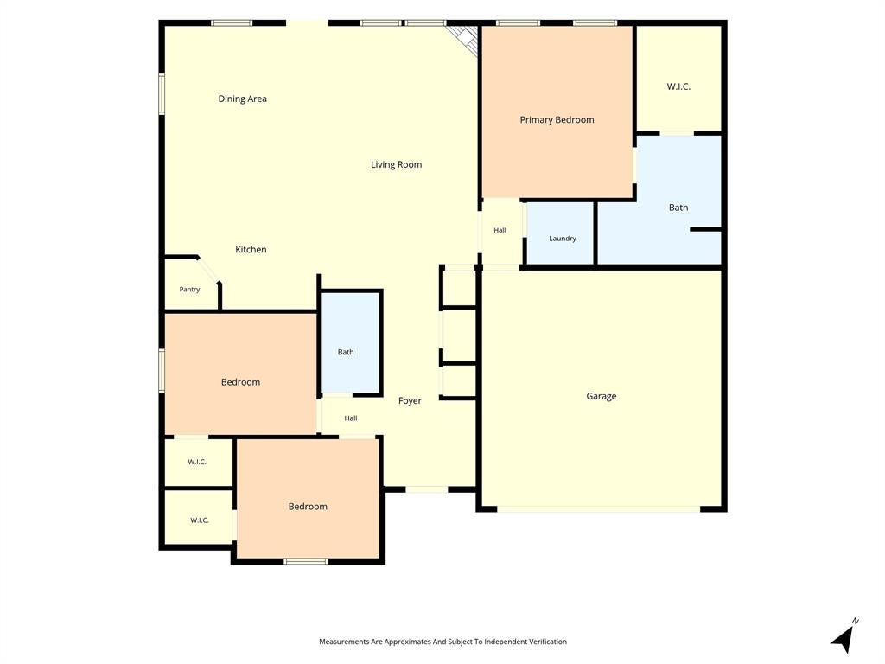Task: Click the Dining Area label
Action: (243, 99)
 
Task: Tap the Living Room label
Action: (396, 165)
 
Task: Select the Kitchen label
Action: (251, 250)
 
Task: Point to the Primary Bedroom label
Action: (557, 119)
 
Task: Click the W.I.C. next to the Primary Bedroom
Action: (678, 79)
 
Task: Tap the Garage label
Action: (602, 396)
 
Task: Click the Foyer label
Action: (410, 401)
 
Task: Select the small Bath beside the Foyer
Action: (351, 342)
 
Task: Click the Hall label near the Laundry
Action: (500, 230)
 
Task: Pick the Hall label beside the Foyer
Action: (351, 418)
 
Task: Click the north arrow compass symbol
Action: (844, 637)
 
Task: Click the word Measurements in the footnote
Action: (344, 642)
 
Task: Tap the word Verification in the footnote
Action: (547, 642)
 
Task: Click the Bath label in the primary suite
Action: (678, 207)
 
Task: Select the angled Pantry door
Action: (207, 270)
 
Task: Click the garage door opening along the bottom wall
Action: (599, 509)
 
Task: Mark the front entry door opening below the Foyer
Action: (427, 489)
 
